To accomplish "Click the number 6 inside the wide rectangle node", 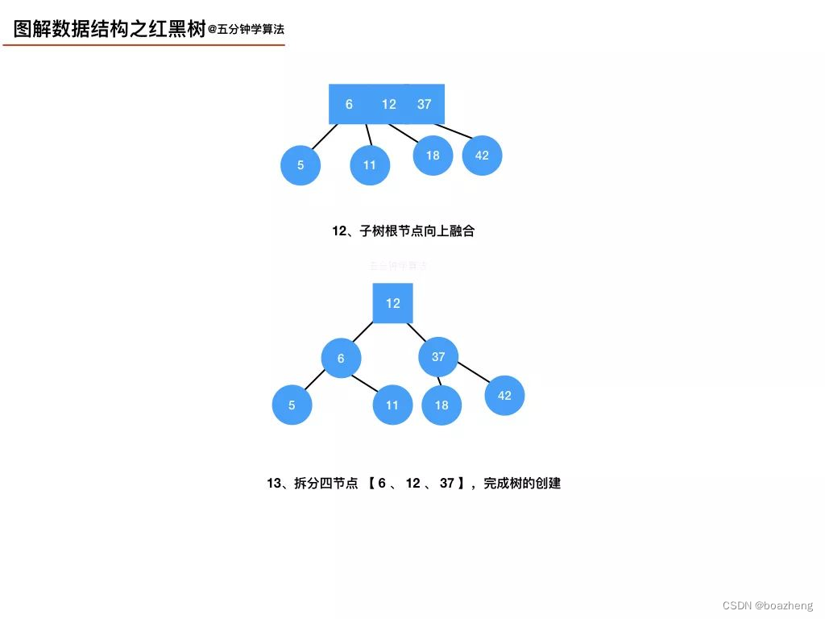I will (349, 104).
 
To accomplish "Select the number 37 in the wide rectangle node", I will (425, 104).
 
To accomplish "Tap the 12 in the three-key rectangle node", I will (389, 104).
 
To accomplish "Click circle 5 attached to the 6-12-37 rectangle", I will (301, 165).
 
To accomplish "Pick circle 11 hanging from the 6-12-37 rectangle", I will (370, 165).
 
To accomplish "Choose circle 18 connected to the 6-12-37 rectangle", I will (433, 155).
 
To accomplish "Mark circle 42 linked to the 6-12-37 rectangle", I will (482, 155).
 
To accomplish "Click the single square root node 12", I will (392, 303).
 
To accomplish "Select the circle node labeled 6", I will (341, 358).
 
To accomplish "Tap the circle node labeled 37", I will (438, 356).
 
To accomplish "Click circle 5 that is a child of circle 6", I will (292, 405).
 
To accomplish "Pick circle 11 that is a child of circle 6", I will (392, 405).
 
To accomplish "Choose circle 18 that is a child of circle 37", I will (442, 405).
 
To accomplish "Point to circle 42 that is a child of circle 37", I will (504, 395).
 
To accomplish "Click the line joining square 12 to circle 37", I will (417, 332).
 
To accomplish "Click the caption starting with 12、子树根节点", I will (404, 231).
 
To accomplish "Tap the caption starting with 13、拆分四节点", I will (413, 484).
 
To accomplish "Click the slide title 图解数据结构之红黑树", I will (110, 30).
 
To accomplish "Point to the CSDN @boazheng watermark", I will (768, 606).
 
